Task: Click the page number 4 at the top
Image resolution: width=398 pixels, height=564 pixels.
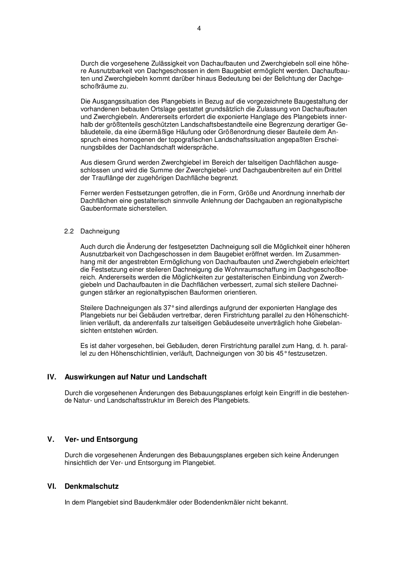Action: click(199, 28)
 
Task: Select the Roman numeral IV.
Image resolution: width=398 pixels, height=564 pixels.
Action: click(52, 377)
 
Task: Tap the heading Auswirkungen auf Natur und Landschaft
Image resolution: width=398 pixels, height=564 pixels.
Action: click(136, 377)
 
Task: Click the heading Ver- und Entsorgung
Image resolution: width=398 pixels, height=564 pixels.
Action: click(101, 439)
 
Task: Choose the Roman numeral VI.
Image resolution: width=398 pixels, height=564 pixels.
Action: click(52, 486)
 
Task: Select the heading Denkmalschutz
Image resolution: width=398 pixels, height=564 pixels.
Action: click(92, 486)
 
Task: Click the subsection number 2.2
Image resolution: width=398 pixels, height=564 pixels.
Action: click(69, 231)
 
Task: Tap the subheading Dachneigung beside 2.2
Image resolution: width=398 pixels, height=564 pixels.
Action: click(100, 231)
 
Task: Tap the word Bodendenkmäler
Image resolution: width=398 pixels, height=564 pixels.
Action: click(219, 502)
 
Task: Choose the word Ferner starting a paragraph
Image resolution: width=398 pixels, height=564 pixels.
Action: click(89, 193)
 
